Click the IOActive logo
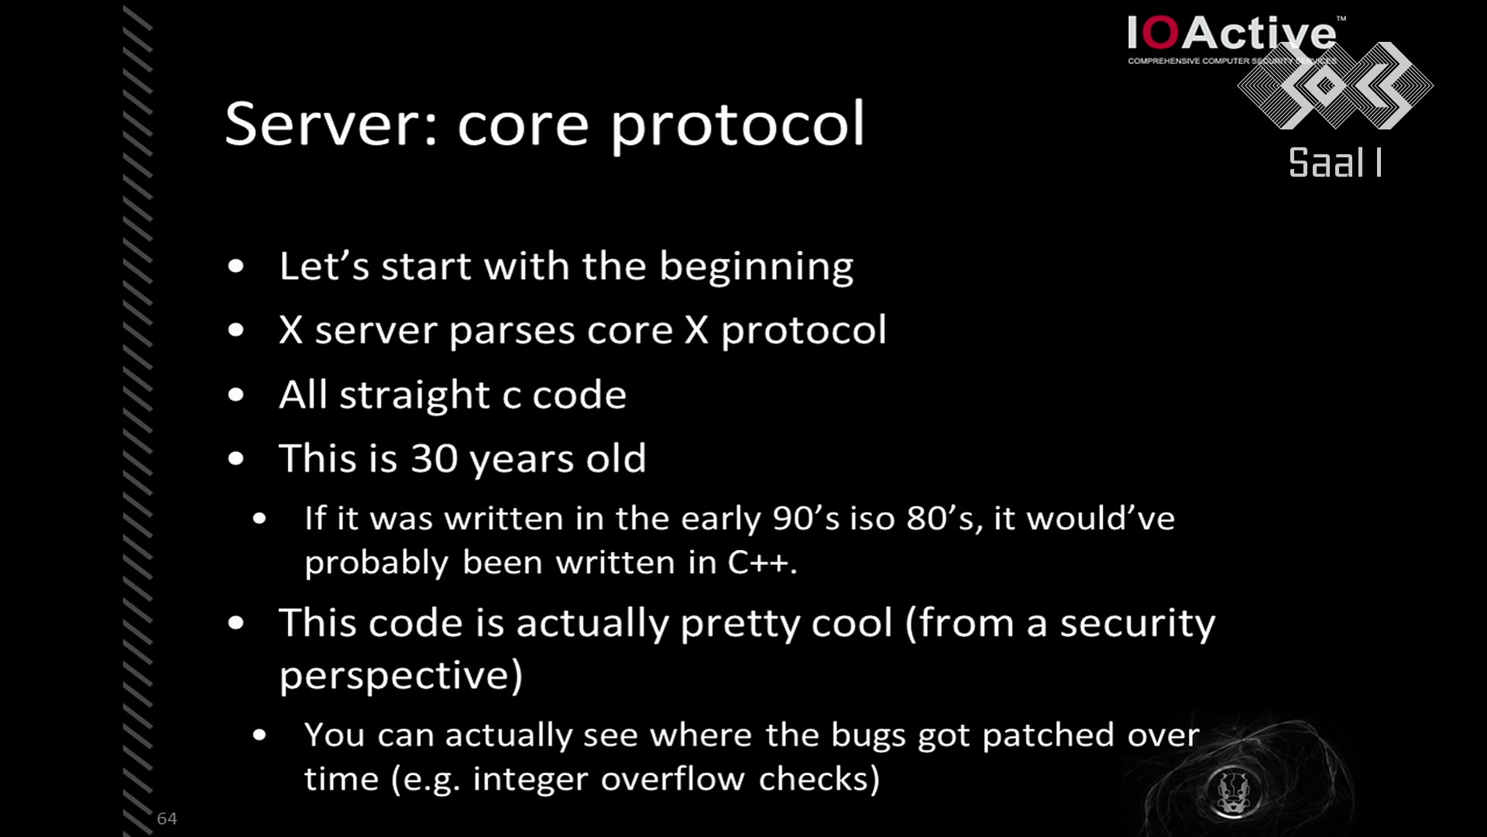[x=1235, y=39]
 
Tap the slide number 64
[x=167, y=818]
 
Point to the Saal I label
[x=1335, y=163]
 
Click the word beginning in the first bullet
[x=756, y=267]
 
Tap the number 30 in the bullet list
[x=434, y=458]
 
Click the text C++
[x=762, y=562]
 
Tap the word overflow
[x=673, y=779]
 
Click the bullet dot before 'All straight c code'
[x=236, y=395]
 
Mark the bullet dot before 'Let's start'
[x=236, y=267]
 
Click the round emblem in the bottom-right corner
[x=1233, y=791]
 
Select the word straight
[x=414, y=396]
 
